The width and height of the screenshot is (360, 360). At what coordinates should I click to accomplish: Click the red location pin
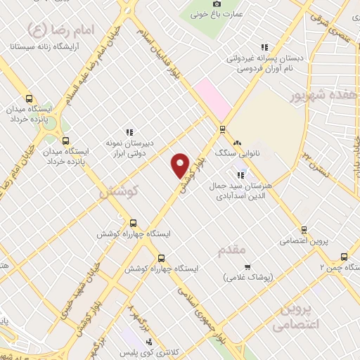click(x=181, y=165)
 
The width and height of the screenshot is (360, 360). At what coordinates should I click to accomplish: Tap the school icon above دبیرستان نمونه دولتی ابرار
click(x=129, y=131)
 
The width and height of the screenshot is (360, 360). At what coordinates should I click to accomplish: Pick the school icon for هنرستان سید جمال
click(x=240, y=174)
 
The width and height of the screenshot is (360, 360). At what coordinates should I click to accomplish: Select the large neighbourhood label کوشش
click(x=119, y=191)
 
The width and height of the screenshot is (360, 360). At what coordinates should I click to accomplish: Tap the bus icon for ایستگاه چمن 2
click(x=344, y=257)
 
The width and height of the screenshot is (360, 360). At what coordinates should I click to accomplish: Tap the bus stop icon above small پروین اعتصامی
click(x=304, y=230)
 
